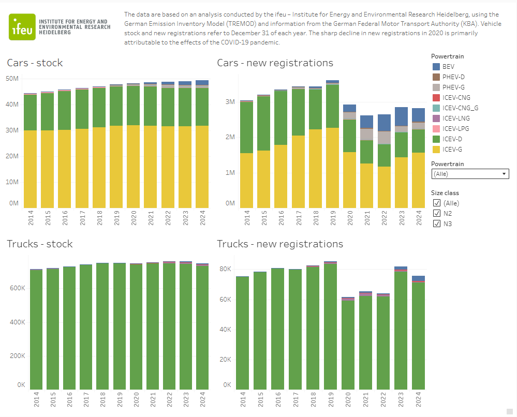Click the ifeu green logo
(x=22, y=26)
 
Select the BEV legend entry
(x=448, y=67)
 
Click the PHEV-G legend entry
(x=453, y=87)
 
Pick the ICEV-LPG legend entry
(x=455, y=129)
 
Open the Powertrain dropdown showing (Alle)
(x=470, y=174)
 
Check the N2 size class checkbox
(x=437, y=214)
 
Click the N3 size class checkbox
(x=437, y=224)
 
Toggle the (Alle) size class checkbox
(x=437, y=203)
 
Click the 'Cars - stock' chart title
(x=35, y=63)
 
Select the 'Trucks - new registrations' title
(x=279, y=244)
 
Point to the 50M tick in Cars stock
(x=12, y=79)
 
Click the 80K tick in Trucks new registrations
(x=225, y=270)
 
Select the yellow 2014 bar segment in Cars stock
(x=30, y=168)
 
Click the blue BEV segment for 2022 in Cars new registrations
(x=383, y=123)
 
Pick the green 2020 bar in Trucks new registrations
(x=348, y=344)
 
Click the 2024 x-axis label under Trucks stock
(x=202, y=401)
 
